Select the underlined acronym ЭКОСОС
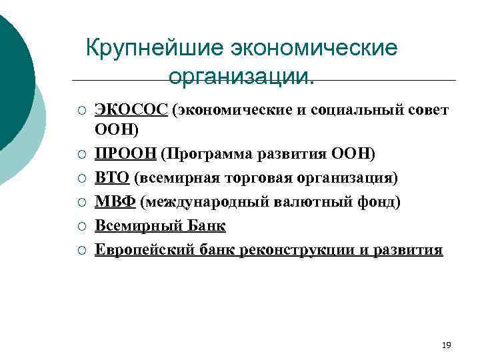tap(131, 110)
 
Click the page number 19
tap(447, 345)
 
